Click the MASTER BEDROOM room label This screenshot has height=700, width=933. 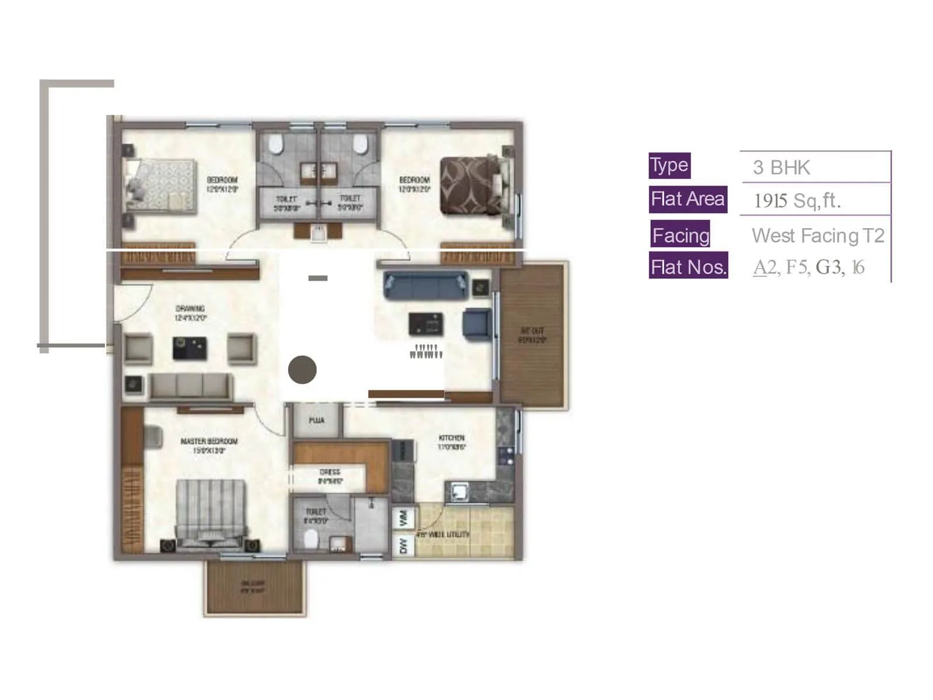[209, 441]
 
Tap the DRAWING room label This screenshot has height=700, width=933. [190, 309]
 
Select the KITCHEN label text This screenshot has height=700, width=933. [451, 437]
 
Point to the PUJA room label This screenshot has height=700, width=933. [316, 420]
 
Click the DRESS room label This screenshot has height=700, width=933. [329, 472]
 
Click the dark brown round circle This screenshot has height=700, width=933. [302, 369]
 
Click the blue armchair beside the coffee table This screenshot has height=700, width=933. [476, 324]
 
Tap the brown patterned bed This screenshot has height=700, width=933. [470, 185]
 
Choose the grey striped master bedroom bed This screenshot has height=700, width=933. [210, 513]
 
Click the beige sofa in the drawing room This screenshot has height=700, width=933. [191, 386]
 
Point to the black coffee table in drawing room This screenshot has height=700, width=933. [190, 348]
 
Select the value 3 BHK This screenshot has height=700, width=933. [781, 168]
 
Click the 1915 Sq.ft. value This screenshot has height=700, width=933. [797, 201]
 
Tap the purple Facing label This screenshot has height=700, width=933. [681, 235]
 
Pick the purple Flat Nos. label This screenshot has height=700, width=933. [688, 267]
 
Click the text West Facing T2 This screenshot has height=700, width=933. [818, 236]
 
